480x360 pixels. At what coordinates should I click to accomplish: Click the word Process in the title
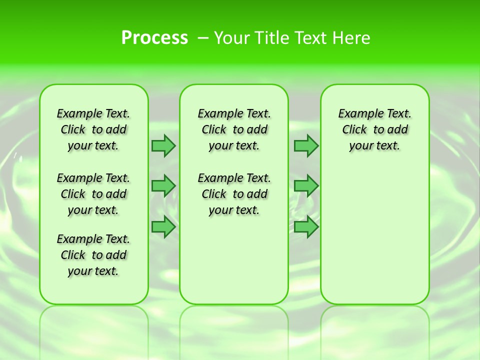(x=154, y=38)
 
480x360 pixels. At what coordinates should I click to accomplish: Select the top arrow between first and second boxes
(x=163, y=145)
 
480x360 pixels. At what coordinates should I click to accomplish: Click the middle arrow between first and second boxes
(x=163, y=186)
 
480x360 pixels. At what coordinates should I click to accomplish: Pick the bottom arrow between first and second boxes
(x=163, y=227)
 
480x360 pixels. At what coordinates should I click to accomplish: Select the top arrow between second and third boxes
(x=306, y=145)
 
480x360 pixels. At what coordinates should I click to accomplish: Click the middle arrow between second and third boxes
(x=306, y=186)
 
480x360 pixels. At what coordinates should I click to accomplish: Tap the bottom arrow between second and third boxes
(x=306, y=227)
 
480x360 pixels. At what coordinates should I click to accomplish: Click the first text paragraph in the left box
(x=93, y=129)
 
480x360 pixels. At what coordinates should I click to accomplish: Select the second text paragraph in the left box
(x=93, y=194)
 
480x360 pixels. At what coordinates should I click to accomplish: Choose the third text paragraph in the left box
(x=93, y=255)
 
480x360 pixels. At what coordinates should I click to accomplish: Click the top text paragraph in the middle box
(x=234, y=129)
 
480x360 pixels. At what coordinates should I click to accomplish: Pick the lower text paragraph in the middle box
(x=234, y=194)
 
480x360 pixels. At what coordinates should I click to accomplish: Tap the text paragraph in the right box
(x=374, y=129)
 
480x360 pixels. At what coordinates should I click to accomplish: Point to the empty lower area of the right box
(x=374, y=235)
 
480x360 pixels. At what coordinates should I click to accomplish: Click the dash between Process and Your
(x=203, y=38)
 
